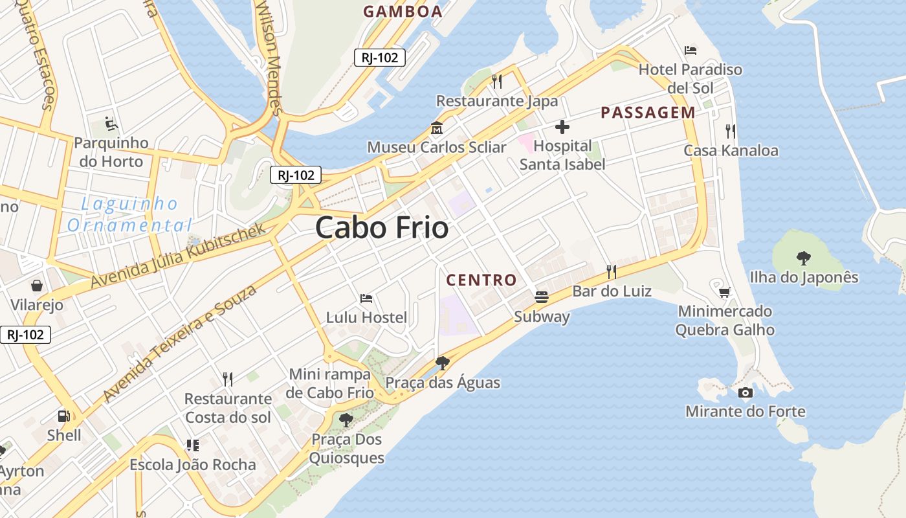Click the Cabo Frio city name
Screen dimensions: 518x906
point(382,228)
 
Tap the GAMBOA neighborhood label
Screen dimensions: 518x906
point(403,11)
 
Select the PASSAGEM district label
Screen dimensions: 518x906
point(648,113)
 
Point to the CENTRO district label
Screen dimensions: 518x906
point(481,280)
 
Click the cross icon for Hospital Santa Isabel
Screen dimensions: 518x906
point(562,127)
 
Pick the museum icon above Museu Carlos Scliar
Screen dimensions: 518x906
point(436,128)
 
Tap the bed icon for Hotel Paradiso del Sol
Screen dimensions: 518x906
point(691,51)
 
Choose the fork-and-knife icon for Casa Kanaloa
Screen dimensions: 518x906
point(731,131)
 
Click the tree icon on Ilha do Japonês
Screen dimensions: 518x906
point(804,258)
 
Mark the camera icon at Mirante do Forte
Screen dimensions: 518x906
point(745,392)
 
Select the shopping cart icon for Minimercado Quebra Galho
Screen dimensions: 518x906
point(725,292)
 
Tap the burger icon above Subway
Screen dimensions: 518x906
point(542,297)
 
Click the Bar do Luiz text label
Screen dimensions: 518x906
point(612,291)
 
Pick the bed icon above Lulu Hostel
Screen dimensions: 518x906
point(366,298)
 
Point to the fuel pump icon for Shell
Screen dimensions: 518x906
point(63,416)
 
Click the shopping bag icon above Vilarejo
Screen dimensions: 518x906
point(37,286)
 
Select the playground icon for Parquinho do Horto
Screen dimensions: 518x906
point(111,123)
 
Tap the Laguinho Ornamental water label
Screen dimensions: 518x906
point(129,215)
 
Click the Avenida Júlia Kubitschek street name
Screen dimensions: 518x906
point(178,256)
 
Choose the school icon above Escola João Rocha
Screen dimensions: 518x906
point(192,445)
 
